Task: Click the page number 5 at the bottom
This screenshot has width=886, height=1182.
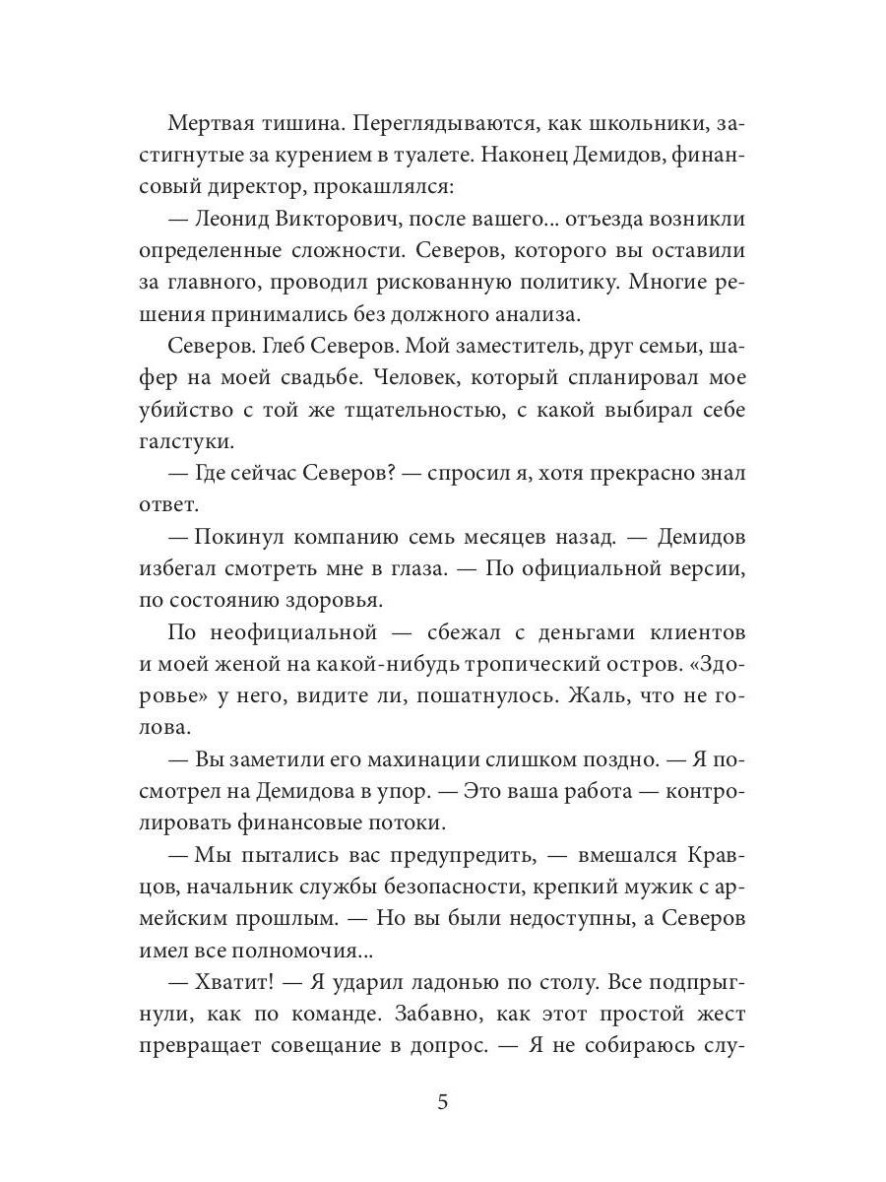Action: click(x=443, y=1101)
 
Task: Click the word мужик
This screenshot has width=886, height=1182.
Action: click(x=608, y=888)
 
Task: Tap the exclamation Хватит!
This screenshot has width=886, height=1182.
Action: click(x=243, y=983)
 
